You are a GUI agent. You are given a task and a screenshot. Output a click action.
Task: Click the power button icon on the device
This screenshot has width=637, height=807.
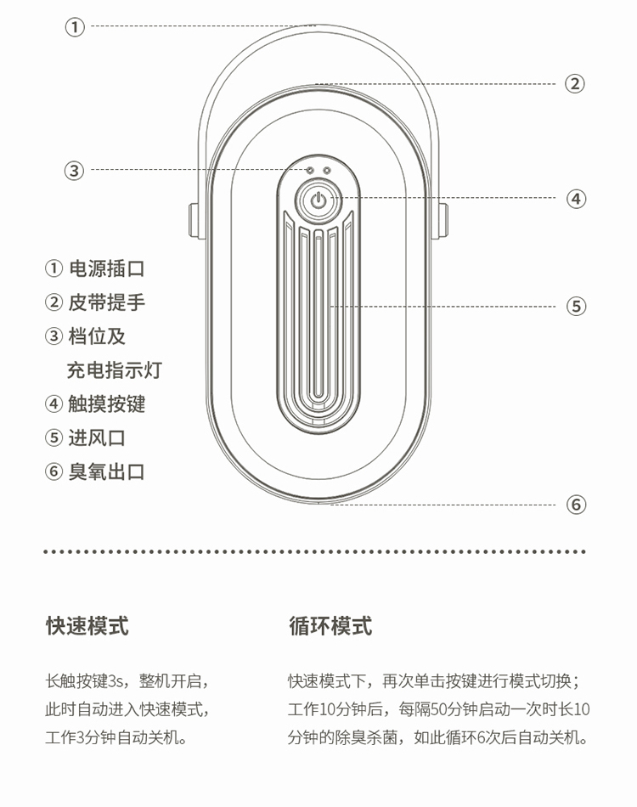pyautogui.click(x=318, y=201)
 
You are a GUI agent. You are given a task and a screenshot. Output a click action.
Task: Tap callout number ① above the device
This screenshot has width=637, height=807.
pyautogui.click(x=76, y=27)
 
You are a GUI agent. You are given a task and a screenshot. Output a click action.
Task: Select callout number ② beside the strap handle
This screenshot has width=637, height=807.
pyautogui.click(x=575, y=84)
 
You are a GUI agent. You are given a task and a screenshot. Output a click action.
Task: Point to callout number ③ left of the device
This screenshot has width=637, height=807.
pyautogui.click(x=76, y=171)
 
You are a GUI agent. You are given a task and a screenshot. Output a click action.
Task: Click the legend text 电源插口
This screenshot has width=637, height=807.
pyautogui.click(x=106, y=269)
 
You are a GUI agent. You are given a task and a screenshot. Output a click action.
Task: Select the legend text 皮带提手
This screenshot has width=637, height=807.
pyautogui.click(x=106, y=302)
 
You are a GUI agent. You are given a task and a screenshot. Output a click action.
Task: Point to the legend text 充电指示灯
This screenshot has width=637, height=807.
pyautogui.click(x=114, y=370)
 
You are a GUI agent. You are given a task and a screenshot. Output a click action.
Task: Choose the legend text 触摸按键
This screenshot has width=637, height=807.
pyautogui.click(x=106, y=404)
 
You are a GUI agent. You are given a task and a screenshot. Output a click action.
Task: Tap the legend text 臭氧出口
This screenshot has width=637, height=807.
pyautogui.click(x=106, y=472)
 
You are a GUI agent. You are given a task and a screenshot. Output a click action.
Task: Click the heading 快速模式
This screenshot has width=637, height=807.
pyautogui.click(x=87, y=627)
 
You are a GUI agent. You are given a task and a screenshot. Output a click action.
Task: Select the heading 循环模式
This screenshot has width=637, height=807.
pyautogui.click(x=330, y=627)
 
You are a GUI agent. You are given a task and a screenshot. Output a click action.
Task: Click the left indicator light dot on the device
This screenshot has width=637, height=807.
pyautogui.click(x=310, y=170)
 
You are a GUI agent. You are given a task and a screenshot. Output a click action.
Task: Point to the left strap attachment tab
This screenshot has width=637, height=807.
pyautogui.click(x=194, y=221)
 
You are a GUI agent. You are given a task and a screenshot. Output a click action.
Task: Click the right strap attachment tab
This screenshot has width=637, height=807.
pyautogui.click(x=443, y=221)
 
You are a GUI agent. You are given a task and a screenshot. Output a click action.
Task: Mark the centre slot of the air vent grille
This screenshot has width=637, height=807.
pyautogui.click(x=318, y=314)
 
